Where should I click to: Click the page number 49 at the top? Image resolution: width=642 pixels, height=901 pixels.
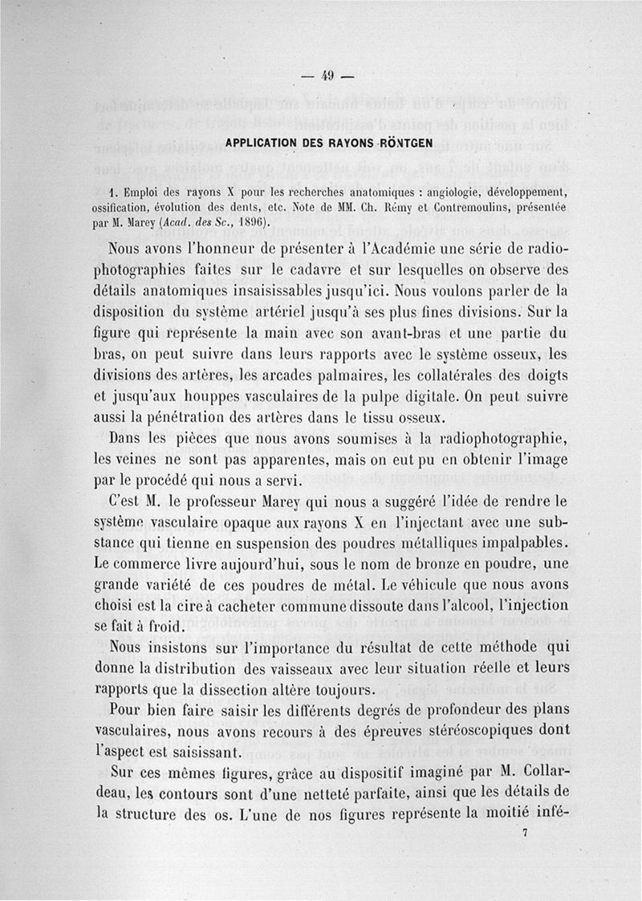[327, 77]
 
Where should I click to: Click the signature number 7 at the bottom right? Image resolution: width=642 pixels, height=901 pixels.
[523, 834]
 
